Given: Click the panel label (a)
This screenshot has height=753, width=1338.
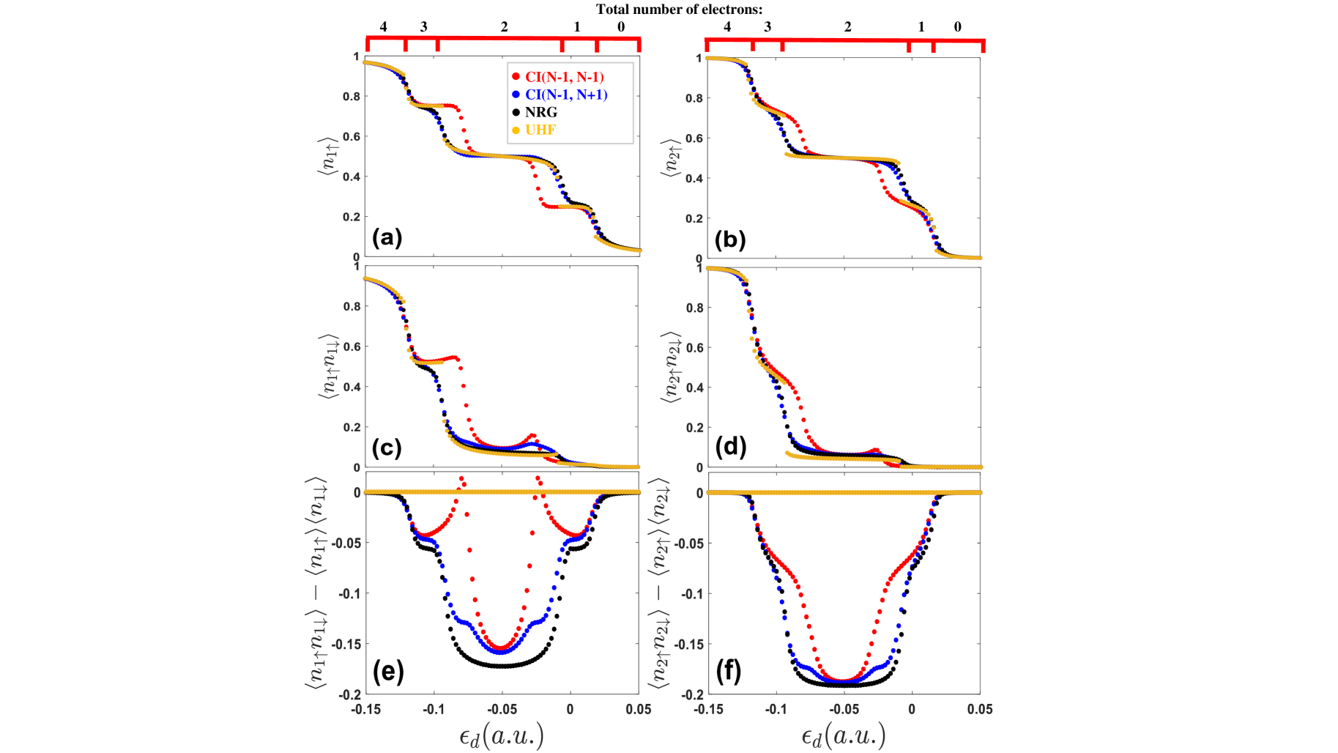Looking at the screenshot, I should tap(387, 237).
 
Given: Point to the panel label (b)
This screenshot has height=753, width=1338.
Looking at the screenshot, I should tap(729, 240).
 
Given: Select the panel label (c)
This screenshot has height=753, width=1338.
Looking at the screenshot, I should tap(387, 448).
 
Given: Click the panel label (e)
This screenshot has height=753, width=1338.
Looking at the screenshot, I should tap(388, 671).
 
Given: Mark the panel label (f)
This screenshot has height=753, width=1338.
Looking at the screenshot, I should tap(729, 671).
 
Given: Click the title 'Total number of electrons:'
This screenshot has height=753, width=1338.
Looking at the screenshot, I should tap(679, 10).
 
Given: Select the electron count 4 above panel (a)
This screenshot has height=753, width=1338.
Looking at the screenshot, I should tap(384, 27).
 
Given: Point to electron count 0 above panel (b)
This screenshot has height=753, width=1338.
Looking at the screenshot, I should tap(957, 27).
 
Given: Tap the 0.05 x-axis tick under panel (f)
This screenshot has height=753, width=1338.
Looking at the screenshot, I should tap(980, 709).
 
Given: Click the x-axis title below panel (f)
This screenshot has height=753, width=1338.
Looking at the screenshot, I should tap(843, 735).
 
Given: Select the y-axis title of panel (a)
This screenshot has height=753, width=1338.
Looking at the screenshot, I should tap(327, 157).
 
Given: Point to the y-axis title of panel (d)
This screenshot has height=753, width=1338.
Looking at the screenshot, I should tap(670, 366).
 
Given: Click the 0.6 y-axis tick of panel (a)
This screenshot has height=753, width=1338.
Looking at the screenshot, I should tap(352, 136).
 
